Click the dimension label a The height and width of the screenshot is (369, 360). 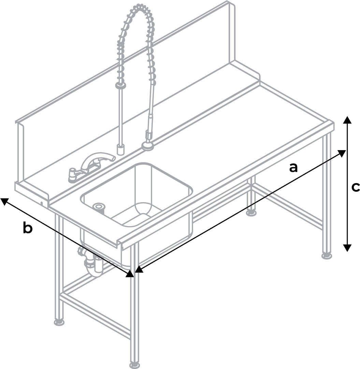click(x=293, y=167)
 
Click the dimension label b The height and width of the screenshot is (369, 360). click(x=28, y=228)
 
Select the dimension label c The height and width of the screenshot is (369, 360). click(x=355, y=187)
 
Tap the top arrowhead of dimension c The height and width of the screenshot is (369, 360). click(x=347, y=119)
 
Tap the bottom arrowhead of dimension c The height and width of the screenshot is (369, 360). click(x=347, y=248)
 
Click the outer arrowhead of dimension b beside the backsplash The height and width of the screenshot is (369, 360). click(x=4, y=201)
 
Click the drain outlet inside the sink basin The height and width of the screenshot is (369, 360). click(x=99, y=207)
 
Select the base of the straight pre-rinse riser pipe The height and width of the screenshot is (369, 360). click(x=120, y=149)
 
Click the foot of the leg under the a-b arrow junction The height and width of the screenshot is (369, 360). click(x=134, y=365)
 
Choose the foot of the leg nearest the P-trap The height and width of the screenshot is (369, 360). click(x=59, y=321)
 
